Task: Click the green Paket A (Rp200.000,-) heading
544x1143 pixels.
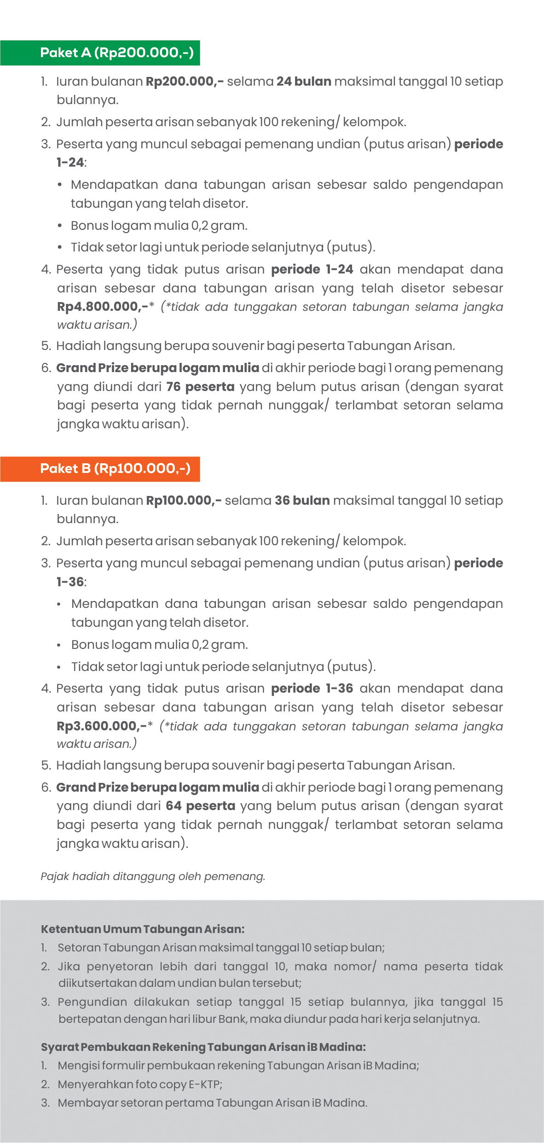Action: tap(117, 53)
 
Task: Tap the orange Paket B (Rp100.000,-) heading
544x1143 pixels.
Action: tap(115, 469)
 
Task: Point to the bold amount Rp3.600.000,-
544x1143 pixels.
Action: tap(101, 726)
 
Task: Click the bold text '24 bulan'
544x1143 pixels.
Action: tap(304, 82)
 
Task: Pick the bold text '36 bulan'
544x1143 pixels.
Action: tap(302, 501)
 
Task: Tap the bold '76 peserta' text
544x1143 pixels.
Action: tap(200, 387)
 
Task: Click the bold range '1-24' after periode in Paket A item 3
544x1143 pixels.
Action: tap(70, 163)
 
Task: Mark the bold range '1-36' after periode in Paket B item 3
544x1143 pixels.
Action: tap(70, 582)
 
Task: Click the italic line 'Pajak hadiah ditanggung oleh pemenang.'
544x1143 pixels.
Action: tap(153, 876)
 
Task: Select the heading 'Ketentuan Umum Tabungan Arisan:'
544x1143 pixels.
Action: tap(143, 929)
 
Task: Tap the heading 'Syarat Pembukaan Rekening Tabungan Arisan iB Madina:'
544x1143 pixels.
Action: tap(203, 1047)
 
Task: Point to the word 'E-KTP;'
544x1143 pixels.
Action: tap(205, 1085)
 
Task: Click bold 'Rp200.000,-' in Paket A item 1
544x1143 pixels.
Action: tap(185, 82)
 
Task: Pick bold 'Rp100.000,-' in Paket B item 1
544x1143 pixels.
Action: tap(184, 501)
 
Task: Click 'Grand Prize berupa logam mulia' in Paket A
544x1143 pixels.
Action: tap(157, 368)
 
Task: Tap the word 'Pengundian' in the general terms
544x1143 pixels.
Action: tap(92, 1002)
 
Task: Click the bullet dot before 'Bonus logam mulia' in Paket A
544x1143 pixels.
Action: tap(60, 226)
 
